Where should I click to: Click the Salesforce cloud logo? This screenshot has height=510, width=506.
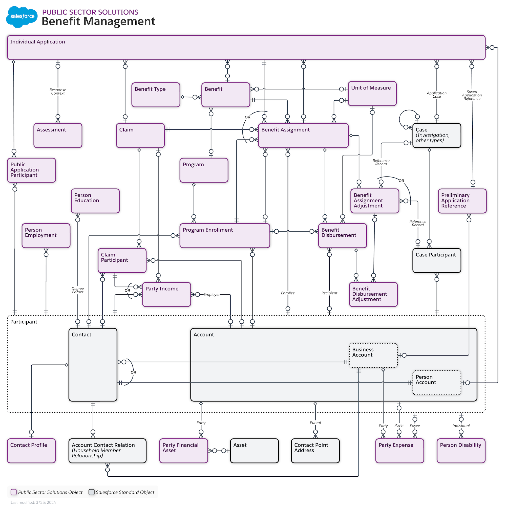[22, 17]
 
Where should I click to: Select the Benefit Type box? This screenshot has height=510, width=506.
[156, 95]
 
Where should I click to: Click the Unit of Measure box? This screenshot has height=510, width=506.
[372, 94]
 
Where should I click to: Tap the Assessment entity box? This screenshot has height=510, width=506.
[58, 136]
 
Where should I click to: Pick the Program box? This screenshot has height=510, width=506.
[204, 170]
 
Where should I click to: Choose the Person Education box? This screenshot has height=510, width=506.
[95, 201]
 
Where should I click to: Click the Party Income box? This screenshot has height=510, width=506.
[166, 294]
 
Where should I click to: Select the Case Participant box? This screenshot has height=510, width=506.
[436, 260]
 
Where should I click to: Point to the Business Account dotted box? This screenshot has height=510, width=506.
[373, 355]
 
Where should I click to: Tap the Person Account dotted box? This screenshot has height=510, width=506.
[436, 383]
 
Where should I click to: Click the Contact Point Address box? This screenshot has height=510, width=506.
[315, 451]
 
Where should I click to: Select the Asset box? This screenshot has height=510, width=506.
[254, 451]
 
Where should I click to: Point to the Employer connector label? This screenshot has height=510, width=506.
[211, 295]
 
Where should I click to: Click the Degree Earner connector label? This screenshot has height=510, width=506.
[77, 290]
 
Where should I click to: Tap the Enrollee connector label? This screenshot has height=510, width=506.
[288, 293]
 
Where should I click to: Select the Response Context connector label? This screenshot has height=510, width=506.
[58, 91]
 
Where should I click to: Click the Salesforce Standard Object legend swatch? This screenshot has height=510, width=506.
[91, 492]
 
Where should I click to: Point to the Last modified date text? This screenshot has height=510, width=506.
[33, 502]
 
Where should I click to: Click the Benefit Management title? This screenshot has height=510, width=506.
[98, 21]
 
